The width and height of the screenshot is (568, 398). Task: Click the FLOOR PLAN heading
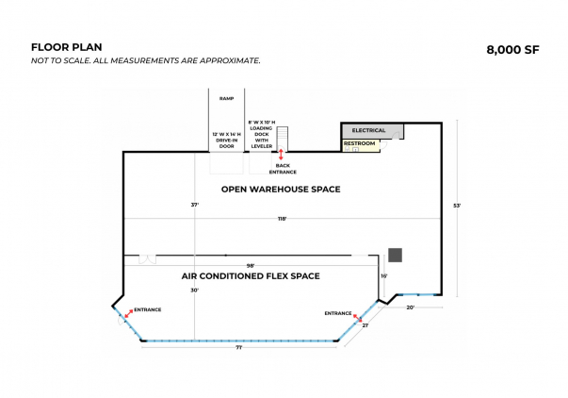coord(66,47)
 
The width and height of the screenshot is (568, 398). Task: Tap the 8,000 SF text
coord(512,50)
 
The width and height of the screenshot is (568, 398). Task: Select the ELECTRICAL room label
coord(368,130)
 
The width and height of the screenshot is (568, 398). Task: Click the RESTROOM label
coord(359,143)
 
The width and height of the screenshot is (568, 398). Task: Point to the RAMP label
coord(226,98)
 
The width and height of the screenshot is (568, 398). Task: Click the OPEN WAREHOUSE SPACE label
coord(281,190)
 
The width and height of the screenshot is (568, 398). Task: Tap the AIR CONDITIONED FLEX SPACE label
coord(251,276)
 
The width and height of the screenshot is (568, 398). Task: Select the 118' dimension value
coord(283,219)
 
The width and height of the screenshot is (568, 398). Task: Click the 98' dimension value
coord(251,266)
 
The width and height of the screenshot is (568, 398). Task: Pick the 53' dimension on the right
coord(457,206)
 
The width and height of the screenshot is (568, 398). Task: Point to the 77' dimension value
coord(239,348)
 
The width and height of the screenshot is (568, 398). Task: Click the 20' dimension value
coord(410,307)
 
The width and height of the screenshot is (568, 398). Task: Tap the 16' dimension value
coord(384,276)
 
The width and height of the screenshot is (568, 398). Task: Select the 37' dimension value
coord(195,205)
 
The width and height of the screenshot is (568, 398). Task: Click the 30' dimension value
coord(195,290)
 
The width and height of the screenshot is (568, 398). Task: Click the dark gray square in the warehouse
coord(396,255)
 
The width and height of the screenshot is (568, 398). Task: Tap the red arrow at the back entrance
coord(281,154)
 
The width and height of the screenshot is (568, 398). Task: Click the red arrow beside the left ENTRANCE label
coord(128,313)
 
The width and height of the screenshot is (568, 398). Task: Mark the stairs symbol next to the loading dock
coord(283,138)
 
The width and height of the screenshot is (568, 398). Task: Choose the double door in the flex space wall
coord(148,259)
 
